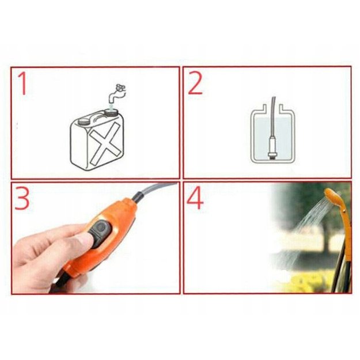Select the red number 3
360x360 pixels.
pos(22,198)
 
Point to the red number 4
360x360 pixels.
pos(195,198)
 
